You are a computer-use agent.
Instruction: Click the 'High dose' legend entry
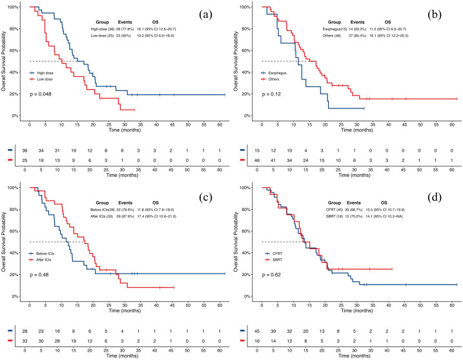[x=45, y=72]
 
